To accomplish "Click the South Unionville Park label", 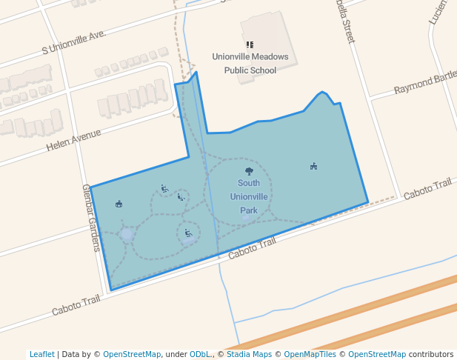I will pos(249,196).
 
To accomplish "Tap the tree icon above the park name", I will pos(249,171).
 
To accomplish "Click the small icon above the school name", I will pos(250,44).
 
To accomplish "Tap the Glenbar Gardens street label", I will pos(90,218).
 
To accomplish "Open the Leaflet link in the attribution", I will pos(41,354).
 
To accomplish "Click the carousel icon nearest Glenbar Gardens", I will pos(119,204).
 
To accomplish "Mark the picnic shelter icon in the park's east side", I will pos(313,166).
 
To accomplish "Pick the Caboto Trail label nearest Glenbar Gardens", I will pos(76,304).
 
